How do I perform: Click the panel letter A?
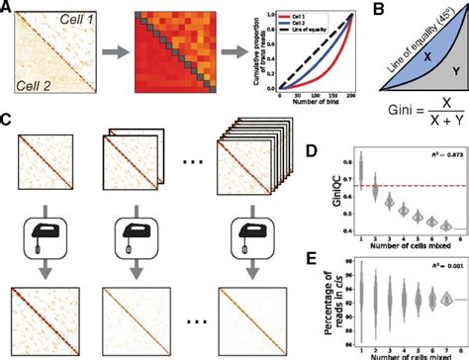[x=6, y=10]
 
